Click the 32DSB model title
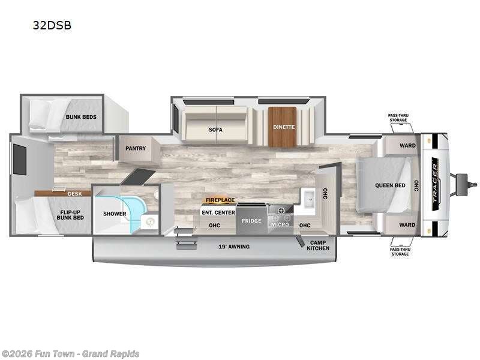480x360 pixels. point(52,25)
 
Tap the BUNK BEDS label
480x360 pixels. point(81,117)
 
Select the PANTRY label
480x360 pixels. point(136,148)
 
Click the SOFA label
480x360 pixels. point(215,130)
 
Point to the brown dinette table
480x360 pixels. point(283,127)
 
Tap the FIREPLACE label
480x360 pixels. point(220,200)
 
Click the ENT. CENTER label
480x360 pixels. point(218,212)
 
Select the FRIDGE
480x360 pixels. point(251,218)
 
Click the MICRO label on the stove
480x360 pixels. point(280,224)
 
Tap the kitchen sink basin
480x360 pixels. point(310,199)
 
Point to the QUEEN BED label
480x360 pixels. point(390,185)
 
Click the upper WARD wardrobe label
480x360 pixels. point(407,145)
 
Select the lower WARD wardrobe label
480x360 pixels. point(407,224)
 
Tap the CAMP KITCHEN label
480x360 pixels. point(318,245)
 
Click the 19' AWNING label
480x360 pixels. point(234,247)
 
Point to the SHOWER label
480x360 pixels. point(115,214)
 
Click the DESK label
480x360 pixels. point(74,194)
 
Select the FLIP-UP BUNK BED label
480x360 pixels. point(70,215)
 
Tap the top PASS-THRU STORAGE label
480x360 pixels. point(398,118)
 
